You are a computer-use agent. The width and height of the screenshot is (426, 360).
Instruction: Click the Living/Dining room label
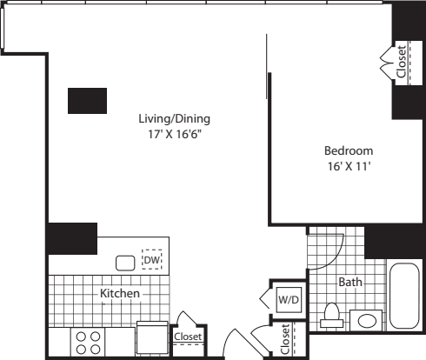[x=175, y=118]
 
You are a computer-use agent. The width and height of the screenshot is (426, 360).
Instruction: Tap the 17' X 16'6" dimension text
[x=175, y=135]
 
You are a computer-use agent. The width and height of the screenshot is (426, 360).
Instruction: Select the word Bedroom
[x=348, y=150]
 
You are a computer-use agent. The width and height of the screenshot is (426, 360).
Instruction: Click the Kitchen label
[x=120, y=294]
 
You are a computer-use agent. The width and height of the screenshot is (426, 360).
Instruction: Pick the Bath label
[x=350, y=283]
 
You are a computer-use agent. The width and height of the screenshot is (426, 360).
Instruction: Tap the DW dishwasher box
[x=153, y=259]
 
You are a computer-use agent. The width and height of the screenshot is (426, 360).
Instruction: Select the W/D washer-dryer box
[x=288, y=300]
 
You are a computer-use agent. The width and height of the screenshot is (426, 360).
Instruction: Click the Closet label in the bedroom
[x=401, y=62]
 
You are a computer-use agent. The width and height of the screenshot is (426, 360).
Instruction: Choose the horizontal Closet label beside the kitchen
[x=188, y=337]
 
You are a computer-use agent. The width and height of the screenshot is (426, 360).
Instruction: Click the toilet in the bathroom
[x=331, y=315]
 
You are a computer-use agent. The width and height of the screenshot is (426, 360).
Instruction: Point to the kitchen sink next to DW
[x=126, y=261]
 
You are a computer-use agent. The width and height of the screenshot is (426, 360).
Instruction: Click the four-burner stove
[x=88, y=341]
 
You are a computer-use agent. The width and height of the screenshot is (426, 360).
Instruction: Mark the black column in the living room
[x=87, y=100]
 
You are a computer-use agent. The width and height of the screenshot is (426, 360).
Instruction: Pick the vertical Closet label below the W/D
[x=286, y=341]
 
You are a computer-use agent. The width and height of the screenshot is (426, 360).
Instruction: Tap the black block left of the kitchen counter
[x=72, y=238]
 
